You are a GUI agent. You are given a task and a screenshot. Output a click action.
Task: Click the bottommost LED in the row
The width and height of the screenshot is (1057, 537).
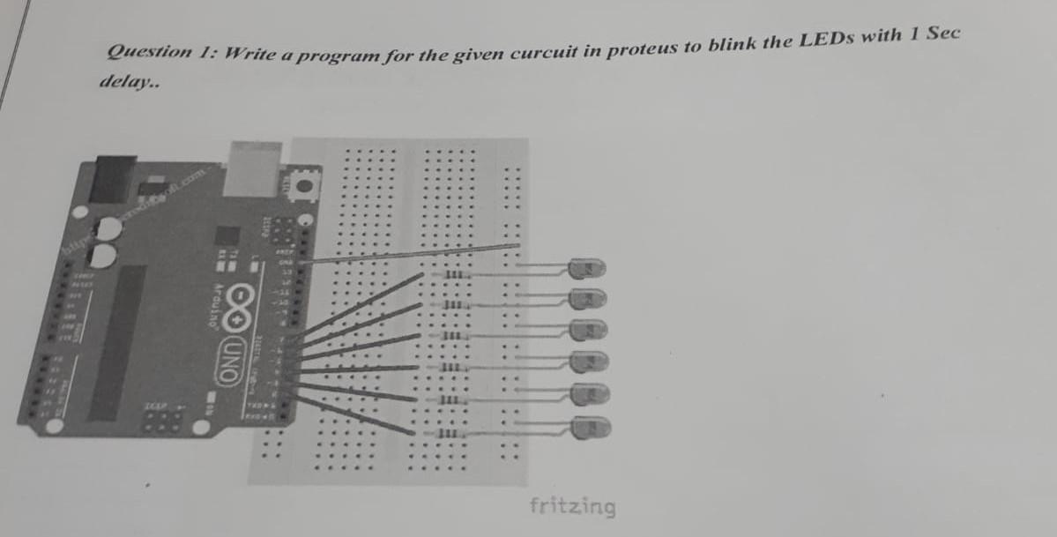[587, 429]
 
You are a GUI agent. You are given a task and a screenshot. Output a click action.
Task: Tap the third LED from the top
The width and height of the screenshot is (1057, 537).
[587, 331]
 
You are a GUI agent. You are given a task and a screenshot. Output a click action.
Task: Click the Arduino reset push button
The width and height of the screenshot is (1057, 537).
[306, 186]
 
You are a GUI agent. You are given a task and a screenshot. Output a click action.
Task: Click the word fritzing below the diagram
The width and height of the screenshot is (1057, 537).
[573, 506]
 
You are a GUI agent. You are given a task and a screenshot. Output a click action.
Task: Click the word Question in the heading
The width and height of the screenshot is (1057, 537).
[148, 52]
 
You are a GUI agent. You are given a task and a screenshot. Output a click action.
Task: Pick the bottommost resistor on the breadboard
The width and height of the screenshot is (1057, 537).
[450, 434]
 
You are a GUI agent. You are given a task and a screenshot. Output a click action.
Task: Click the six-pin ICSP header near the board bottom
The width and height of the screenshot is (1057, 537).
[160, 421]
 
